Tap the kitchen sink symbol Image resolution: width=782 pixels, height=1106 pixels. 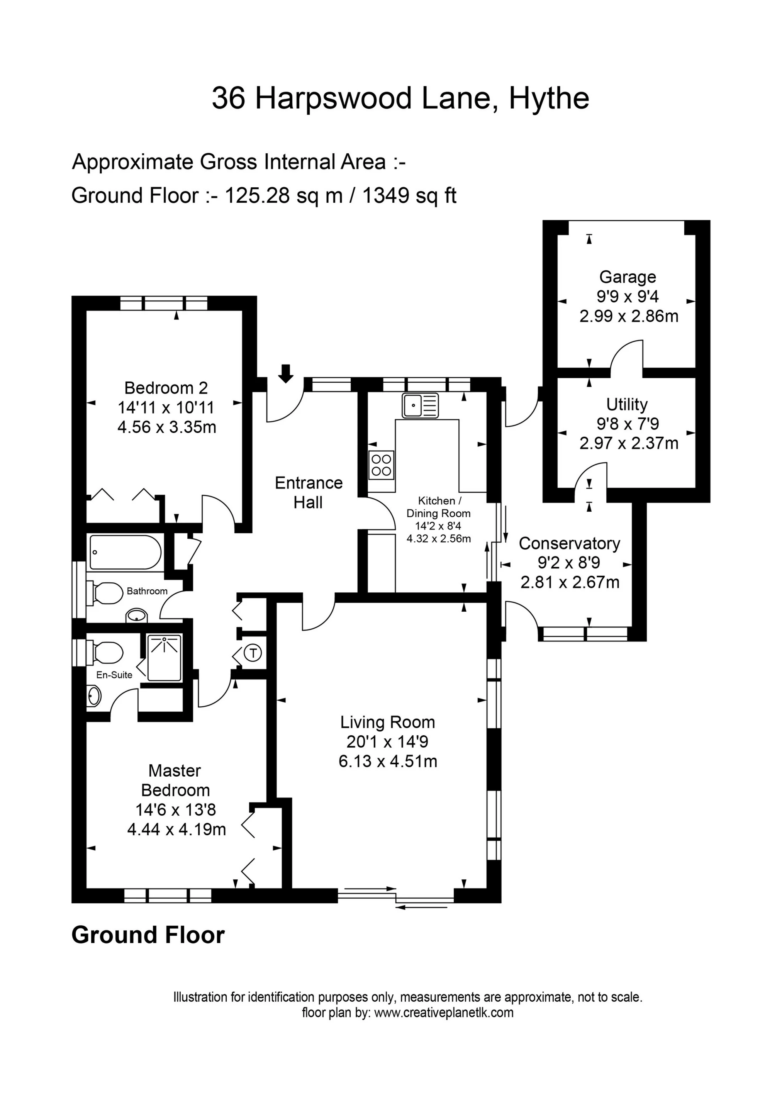tap(420, 405)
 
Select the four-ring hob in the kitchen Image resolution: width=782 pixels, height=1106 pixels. tap(381, 465)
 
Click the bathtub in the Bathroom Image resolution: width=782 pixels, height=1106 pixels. tap(125, 552)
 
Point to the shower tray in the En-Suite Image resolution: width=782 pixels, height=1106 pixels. tap(164, 658)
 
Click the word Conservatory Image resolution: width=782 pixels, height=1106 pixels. tap(569, 543)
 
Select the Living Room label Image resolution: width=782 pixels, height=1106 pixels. tap(387, 722)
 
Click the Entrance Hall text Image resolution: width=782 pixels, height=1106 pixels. tap(309, 492)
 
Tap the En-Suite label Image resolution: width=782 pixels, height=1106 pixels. tap(114, 675)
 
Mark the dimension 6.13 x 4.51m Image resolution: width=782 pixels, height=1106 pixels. tap(388, 762)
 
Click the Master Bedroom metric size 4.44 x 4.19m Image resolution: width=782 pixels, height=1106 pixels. tap(176, 829)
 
